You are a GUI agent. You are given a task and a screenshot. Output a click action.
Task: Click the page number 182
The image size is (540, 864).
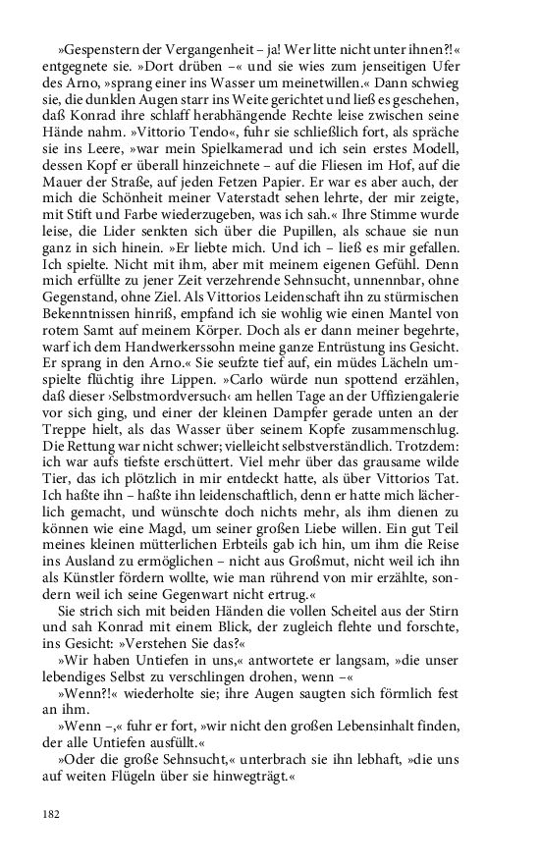click(50, 814)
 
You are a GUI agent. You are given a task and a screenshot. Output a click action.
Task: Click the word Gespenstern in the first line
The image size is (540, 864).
click(99, 46)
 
